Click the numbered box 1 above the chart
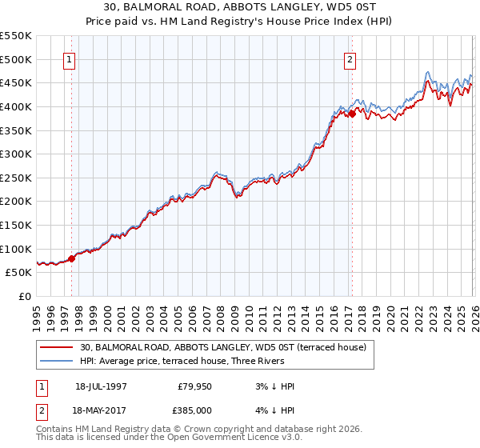click(69, 59)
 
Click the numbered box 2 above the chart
click(350, 59)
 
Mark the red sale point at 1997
click(71, 258)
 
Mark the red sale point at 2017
click(352, 114)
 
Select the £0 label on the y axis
click(24, 296)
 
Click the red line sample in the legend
click(56, 347)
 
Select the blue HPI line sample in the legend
click(56, 361)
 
